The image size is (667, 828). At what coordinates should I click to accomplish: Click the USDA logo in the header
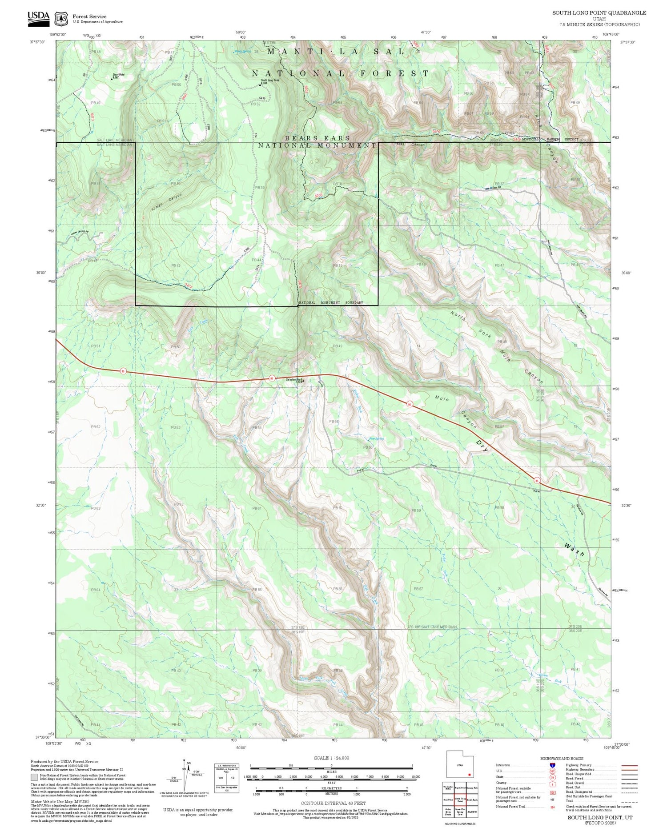point(38,17)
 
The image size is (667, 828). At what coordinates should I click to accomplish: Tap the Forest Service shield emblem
point(61,19)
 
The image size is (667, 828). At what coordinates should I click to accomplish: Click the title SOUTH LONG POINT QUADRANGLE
point(599,13)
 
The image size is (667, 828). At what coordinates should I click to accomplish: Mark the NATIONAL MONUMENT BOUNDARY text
point(331,303)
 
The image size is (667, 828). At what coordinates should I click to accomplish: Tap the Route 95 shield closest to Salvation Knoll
point(271,378)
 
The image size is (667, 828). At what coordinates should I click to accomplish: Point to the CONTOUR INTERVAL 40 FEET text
point(333,803)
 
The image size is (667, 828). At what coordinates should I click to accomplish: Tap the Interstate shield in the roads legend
point(552,765)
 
